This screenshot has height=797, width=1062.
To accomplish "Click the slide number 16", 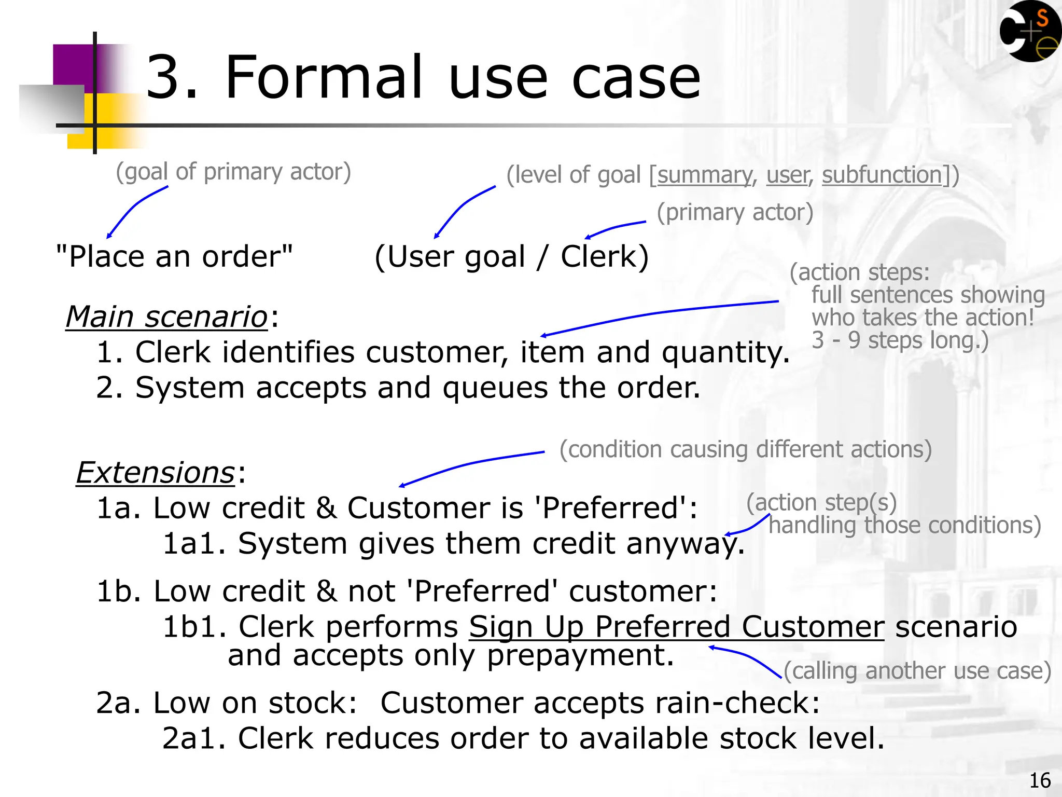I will [1040, 780].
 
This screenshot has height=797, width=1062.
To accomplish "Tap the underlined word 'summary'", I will [704, 175].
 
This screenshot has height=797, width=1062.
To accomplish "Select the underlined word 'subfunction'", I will [882, 175].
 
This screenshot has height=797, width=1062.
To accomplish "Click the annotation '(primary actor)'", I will [735, 212].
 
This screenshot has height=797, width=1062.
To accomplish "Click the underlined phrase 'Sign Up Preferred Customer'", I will [676, 627].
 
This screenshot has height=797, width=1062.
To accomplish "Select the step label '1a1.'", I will [194, 544].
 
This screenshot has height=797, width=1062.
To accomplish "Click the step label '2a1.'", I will [194, 738].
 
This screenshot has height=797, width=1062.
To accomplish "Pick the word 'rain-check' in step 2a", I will [731, 703].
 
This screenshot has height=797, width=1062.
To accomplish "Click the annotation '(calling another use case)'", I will [917, 671].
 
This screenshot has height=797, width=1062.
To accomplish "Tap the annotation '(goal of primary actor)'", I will [233, 172].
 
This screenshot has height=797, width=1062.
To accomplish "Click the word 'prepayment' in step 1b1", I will [580, 655].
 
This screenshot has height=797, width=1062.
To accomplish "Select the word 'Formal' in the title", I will [324, 77].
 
